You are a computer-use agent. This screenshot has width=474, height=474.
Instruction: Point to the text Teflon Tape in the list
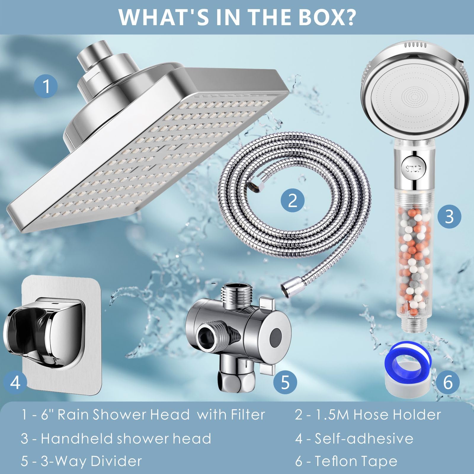click(356, 462)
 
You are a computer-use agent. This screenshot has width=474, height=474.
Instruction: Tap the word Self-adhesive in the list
click(364, 438)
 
